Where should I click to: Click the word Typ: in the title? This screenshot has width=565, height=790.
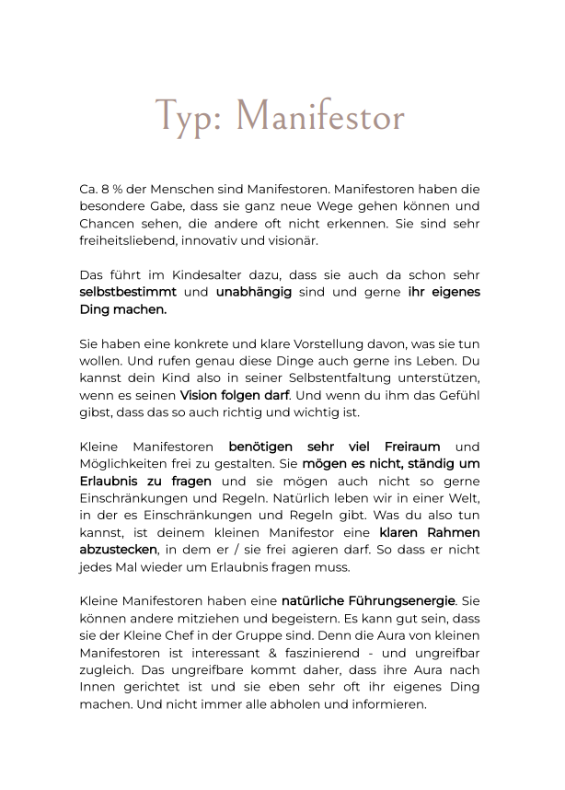click(x=190, y=118)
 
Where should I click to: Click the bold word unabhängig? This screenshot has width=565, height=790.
click(x=254, y=293)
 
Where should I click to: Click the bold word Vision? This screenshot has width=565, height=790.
click(x=200, y=396)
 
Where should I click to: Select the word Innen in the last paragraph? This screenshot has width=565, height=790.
click(x=98, y=688)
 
